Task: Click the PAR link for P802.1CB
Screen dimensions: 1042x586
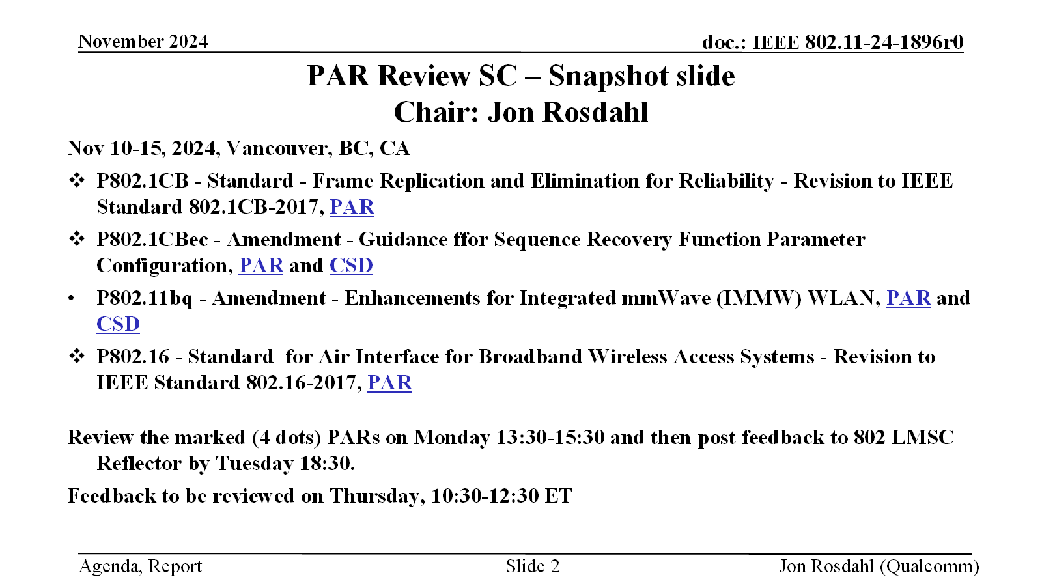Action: coord(352,207)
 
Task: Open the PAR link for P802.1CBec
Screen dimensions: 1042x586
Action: coord(261,266)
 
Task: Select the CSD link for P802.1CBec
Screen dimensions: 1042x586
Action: coord(351,266)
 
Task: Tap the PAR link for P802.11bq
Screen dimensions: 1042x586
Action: coord(908,298)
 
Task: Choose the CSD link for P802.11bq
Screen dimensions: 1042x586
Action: coord(118,324)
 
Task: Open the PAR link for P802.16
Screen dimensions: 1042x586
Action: coord(390,383)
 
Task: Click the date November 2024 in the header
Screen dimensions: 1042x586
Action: coord(143,42)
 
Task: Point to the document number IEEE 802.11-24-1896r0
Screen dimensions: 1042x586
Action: coord(858,42)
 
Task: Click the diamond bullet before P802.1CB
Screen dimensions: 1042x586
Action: coord(77,180)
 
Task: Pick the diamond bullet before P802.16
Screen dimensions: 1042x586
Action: coord(77,356)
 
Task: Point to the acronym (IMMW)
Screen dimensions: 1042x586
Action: coord(759,298)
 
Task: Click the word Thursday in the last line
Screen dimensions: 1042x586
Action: coord(377,496)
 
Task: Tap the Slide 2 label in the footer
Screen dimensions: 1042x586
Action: coord(533,566)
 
